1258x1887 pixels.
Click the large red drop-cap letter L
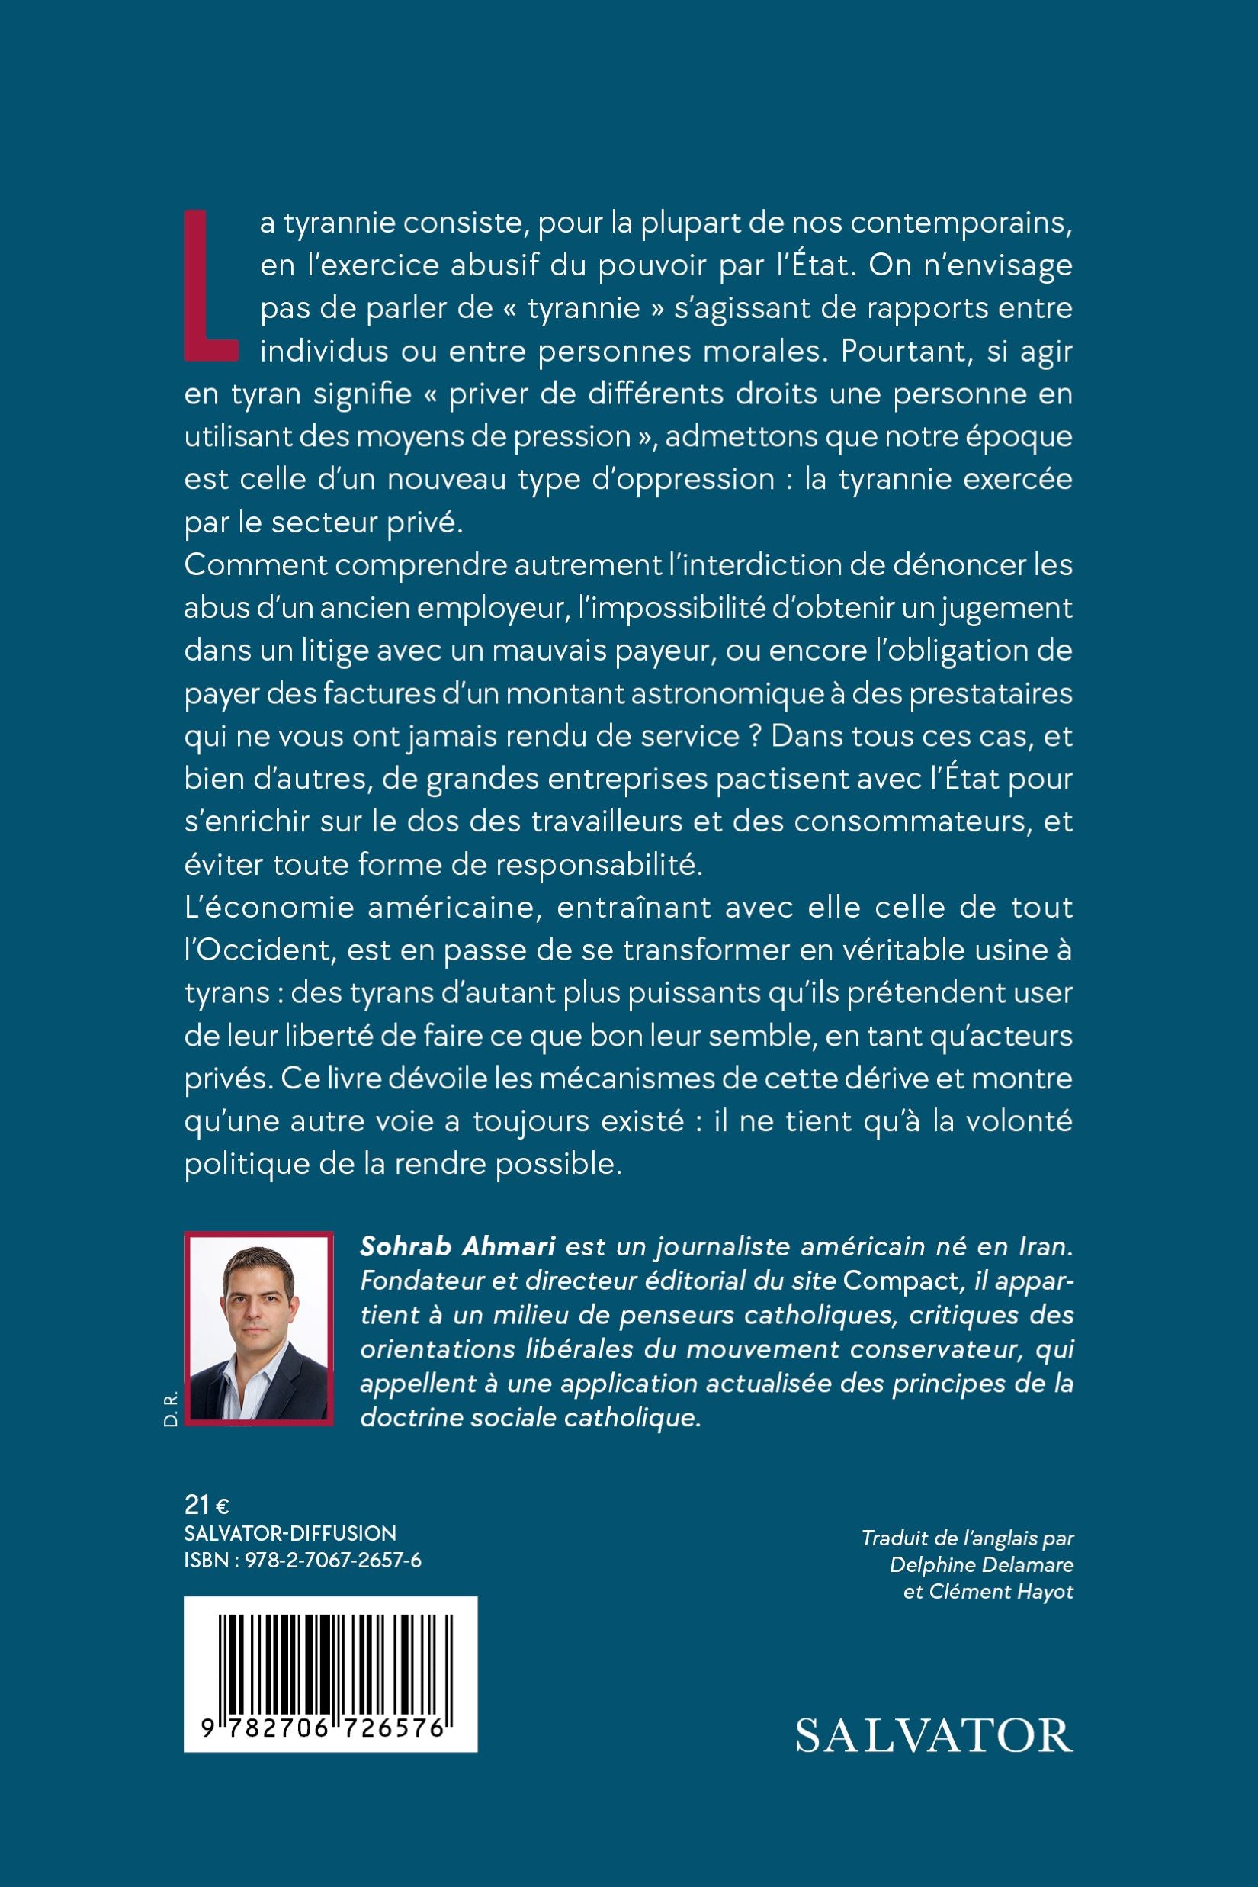click(x=210, y=285)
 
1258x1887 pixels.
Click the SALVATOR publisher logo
click(x=934, y=1736)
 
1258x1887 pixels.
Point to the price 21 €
click(x=207, y=1505)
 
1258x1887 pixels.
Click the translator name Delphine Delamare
click(x=981, y=1564)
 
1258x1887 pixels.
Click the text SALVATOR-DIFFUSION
click(x=290, y=1533)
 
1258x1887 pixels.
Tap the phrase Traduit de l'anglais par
click(x=967, y=1538)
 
